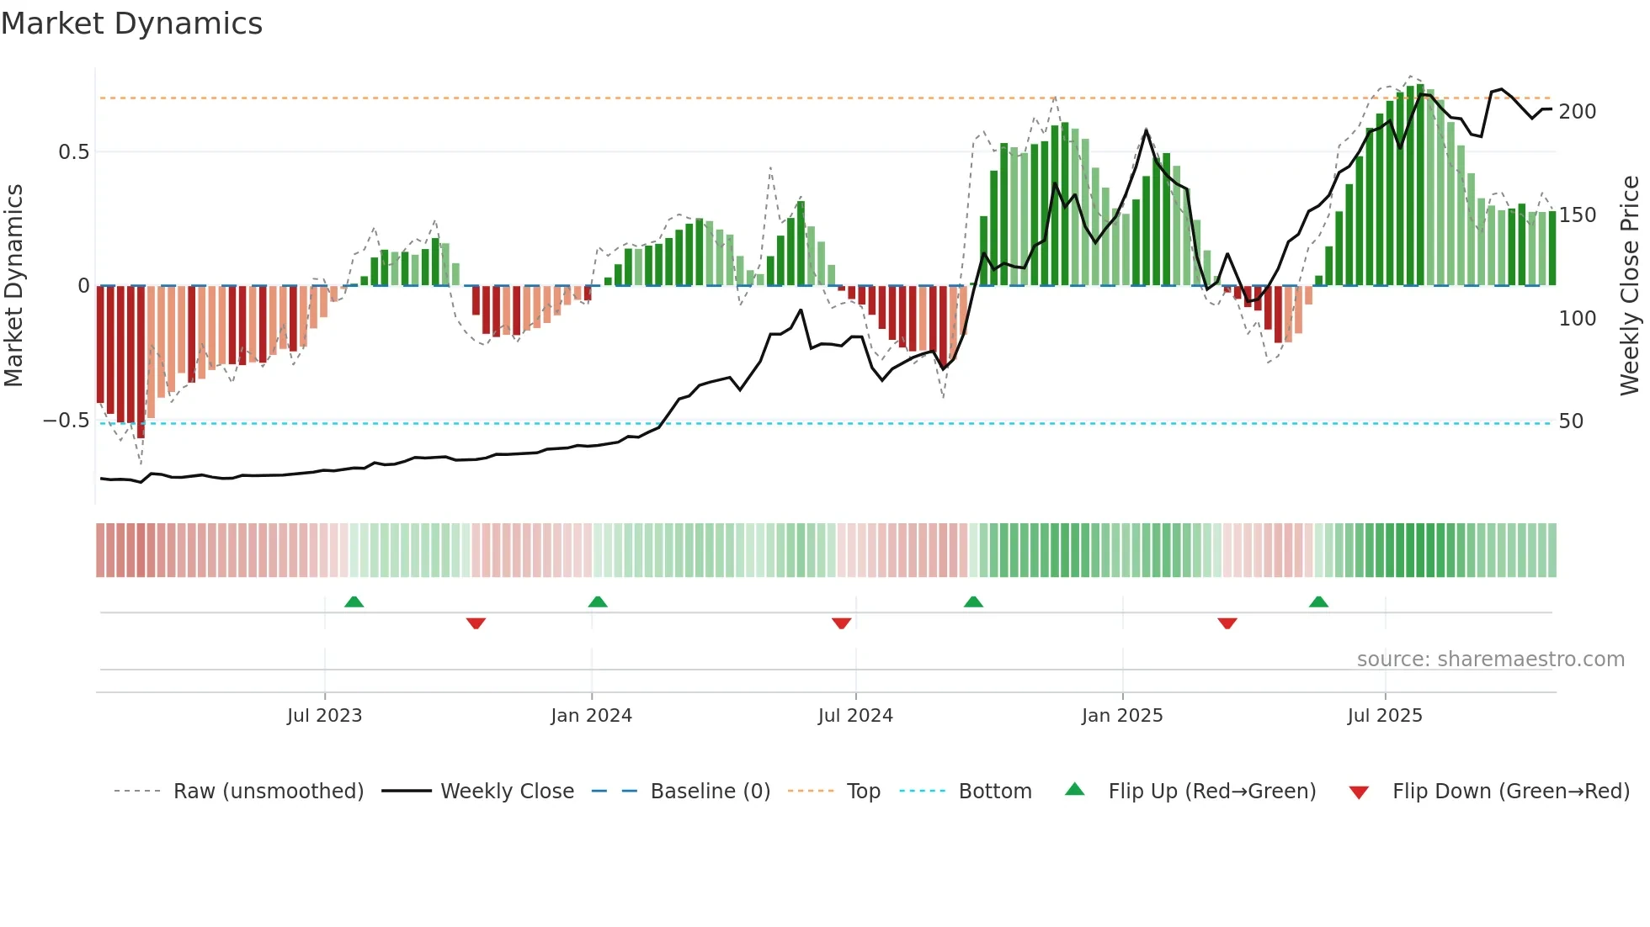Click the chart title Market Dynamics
131,24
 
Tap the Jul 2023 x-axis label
324,716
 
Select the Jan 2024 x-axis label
591,716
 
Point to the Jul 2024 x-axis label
855,716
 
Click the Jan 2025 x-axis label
1122,716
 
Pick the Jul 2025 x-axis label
1385,716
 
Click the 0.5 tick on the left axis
73,152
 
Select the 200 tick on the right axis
1577,112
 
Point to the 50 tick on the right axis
1571,421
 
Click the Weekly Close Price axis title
1630,286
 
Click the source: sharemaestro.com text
1490,659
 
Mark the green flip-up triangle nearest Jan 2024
598,602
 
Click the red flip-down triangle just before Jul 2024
841,623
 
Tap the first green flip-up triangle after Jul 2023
354,602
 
